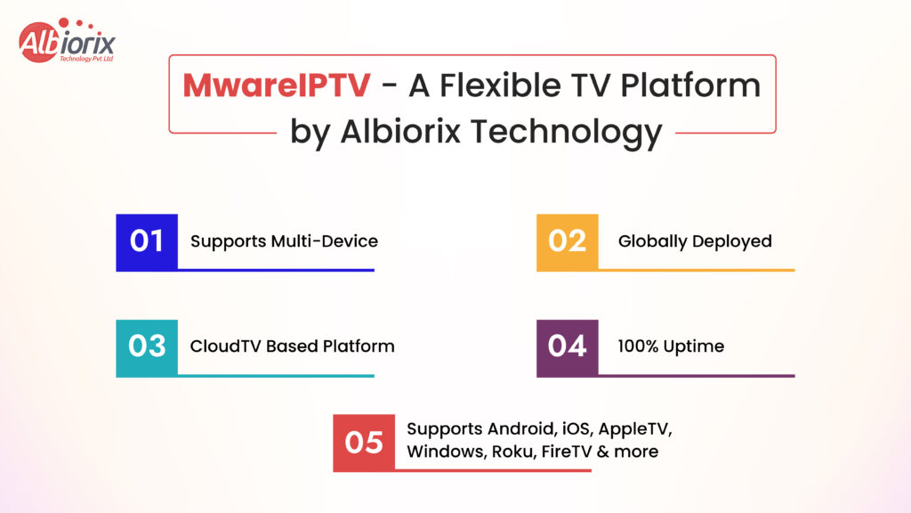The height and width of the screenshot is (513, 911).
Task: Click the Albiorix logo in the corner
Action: click(67, 41)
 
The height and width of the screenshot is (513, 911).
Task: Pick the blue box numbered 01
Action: click(147, 240)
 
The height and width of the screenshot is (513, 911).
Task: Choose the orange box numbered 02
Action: click(567, 240)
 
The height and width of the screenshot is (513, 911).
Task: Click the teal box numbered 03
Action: click(147, 346)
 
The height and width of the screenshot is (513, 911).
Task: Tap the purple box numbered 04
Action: click(567, 346)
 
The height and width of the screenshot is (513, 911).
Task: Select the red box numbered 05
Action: click(364, 441)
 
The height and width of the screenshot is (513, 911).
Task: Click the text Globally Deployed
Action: click(695, 240)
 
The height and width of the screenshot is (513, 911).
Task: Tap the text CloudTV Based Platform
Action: click(292, 346)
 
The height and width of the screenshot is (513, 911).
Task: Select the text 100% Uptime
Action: click(671, 346)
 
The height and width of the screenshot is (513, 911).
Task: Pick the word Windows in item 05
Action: click(445, 452)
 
